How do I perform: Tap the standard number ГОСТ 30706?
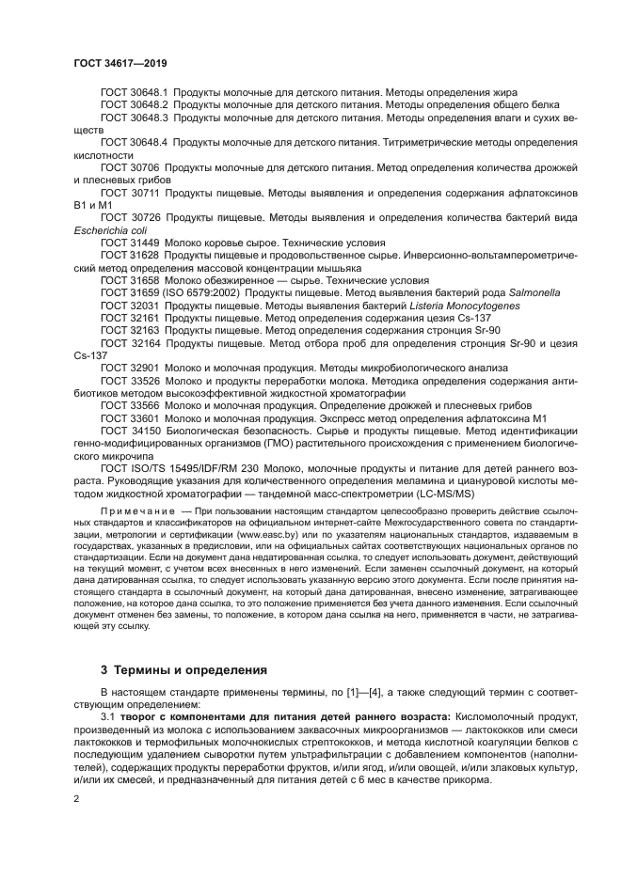tap(129, 166)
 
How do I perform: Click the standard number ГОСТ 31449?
tap(129, 242)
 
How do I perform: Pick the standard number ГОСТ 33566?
tap(129, 404)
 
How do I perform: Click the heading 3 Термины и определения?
tap(183, 669)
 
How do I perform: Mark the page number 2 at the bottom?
tap(77, 798)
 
